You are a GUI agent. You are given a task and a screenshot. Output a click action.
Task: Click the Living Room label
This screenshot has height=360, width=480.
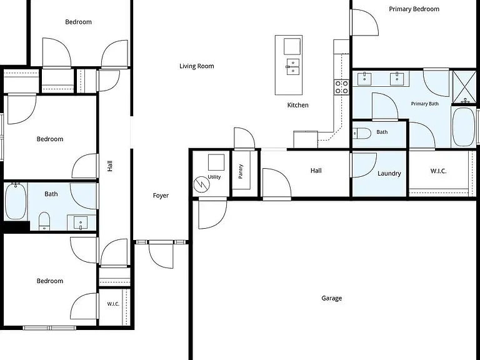tap(196, 66)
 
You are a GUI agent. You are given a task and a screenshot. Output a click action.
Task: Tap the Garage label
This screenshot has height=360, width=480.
tap(331, 298)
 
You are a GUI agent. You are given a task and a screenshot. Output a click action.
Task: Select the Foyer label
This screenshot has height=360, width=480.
tap(161, 196)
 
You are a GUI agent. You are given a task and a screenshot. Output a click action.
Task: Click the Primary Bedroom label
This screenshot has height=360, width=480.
tap(414, 9)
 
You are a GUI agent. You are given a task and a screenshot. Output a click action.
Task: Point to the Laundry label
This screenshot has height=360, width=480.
tap(389, 174)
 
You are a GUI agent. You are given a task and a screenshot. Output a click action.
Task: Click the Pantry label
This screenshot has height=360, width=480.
tap(241, 171)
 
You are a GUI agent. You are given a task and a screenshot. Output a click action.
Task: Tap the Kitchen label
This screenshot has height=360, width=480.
tap(298, 105)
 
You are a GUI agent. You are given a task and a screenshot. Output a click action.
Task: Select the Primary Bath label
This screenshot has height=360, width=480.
tap(424, 104)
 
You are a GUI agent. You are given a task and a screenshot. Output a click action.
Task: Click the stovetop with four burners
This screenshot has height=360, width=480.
tap(341, 87)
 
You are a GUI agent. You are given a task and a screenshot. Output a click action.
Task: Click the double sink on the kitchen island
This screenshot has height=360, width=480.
tap(293, 67)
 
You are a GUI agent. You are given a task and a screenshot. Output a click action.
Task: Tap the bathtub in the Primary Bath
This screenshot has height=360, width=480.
tap(464, 126)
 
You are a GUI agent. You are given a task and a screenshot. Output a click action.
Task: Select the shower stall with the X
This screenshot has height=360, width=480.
tap(464, 87)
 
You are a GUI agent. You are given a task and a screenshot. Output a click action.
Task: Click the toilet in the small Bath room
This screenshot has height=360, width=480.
tap(362, 134)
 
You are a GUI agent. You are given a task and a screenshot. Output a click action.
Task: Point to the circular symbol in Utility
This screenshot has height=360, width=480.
tap(202, 184)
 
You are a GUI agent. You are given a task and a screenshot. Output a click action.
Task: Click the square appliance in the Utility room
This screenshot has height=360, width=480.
tap(216, 162)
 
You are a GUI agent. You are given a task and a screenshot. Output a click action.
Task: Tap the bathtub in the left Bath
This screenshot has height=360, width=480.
tap(16, 201)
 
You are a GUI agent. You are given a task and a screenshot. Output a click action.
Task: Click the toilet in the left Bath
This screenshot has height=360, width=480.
tap(44, 221)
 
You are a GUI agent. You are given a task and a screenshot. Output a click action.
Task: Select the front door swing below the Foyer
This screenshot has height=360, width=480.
tap(161, 255)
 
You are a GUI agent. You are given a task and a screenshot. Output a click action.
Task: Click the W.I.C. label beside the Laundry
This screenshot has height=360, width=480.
tap(438, 171)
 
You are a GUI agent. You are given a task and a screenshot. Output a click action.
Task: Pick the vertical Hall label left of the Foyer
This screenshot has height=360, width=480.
tap(110, 166)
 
